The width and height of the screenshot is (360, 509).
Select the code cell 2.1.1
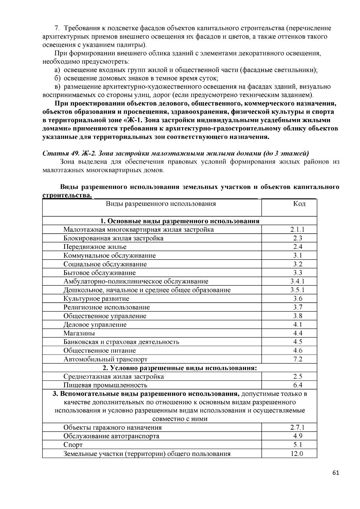(x=297, y=230)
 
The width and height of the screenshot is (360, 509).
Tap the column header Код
(x=299, y=204)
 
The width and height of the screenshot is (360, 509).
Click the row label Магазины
(x=79, y=333)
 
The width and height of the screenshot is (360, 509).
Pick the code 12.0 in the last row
(x=297, y=454)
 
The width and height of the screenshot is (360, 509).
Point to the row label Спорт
(x=73, y=445)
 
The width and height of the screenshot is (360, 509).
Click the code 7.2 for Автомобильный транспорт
(x=298, y=359)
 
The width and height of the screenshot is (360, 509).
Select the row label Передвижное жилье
(x=95, y=247)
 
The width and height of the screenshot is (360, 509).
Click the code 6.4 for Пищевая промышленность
(x=298, y=385)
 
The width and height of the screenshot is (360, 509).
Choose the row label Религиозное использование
(x=106, y=307)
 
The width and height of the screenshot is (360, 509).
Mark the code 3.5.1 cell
(x=297, y=290)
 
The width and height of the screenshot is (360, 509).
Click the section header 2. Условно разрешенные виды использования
(x=180, y=368)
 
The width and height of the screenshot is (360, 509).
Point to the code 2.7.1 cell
(x=297, y=427)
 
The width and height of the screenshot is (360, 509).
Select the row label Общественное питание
(x=100, y=350)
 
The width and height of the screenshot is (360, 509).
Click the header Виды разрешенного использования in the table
(x=161, y=204)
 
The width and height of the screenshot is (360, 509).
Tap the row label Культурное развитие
(x=96, y=299)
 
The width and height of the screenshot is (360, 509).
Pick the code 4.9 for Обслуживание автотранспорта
(x=298, y=436)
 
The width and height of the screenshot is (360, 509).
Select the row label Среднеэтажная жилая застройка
(x=113, y=377)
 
